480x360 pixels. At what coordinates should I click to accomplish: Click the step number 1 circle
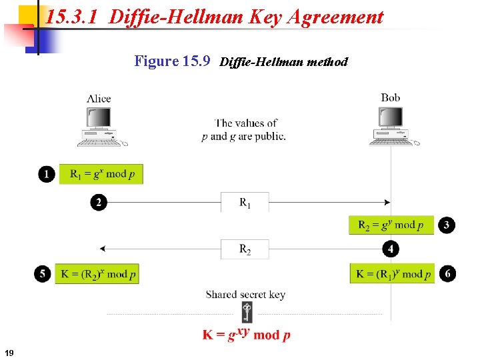pos(46,174)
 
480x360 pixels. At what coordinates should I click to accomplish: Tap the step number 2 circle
pos(99,202)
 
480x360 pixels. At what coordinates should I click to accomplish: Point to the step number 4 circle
pos(391,249)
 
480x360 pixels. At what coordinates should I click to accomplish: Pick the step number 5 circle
pos(43,273)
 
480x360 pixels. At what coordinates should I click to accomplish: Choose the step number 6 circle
pos(448,273)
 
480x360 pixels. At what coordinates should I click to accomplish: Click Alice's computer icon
pos(101,127)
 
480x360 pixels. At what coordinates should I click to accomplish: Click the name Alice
pos(99,99)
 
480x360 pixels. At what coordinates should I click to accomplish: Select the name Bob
pos(391,98)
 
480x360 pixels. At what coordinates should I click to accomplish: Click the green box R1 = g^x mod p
pos(101,174)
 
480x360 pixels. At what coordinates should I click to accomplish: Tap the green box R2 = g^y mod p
pos(391,225)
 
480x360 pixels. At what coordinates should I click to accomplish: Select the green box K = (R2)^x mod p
pos(97,273)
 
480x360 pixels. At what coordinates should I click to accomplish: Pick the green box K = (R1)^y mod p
pos(392,273)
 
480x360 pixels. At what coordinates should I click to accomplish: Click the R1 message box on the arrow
pos(245,202)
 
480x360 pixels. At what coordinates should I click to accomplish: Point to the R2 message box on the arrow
pos(245,249)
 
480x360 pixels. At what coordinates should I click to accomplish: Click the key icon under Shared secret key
pos(247,312)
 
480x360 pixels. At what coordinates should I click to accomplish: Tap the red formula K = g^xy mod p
pos(247,333)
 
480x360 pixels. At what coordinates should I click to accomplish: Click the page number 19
pos(9,352)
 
